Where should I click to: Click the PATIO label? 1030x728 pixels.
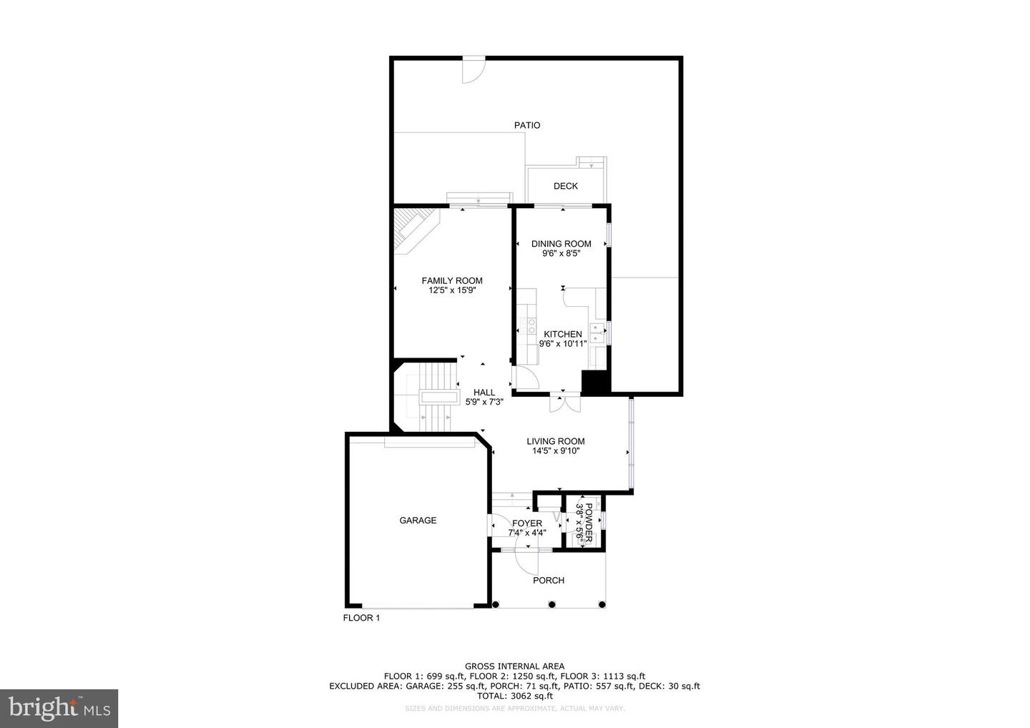(x=527, y=125)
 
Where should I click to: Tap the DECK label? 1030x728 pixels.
(x=565, y=186)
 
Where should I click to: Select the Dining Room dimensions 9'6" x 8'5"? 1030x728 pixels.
(x=561, y=253)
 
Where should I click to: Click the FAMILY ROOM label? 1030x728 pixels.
(x=451, y=280)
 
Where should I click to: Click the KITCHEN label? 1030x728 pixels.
(x=563, y=334)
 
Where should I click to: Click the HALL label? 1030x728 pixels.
(x=484, y=392)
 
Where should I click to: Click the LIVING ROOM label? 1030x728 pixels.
(x=556, y=441)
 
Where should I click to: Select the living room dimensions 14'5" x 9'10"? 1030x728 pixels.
(x=556, y=451)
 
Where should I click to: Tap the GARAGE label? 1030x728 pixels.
(x=418, y=521)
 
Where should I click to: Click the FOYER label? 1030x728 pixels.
(x=527, y=523)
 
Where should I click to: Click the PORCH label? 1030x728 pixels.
(x=549, y=580)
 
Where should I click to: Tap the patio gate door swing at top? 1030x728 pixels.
(x=472, y=69)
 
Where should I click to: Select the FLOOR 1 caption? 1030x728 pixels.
(x=361, y=618)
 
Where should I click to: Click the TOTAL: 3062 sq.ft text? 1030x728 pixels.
(x=514, y=695)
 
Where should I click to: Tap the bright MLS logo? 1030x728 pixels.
(x=59, y=709)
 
